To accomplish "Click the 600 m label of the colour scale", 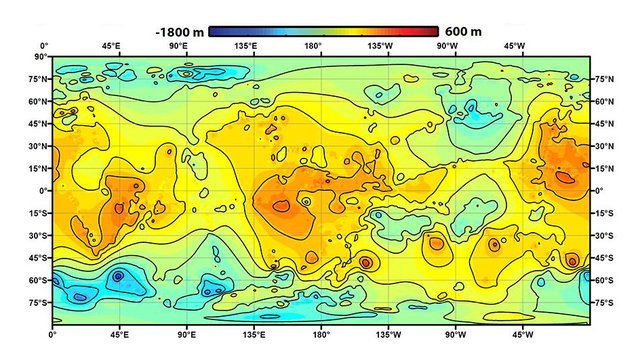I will [x=462, y=32].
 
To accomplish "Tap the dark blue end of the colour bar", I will [x=214, y=31].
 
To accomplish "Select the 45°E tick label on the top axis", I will [x=110, y=46].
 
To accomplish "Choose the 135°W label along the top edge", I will [x=379, y=46].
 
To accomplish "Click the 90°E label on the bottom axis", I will [x=186, y=333].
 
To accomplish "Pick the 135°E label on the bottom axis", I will [x=254, y=333].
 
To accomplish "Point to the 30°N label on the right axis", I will [x=605, y=145].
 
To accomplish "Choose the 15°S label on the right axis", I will [x=605, y=213].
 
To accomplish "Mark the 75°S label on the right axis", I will [x=605, y=302].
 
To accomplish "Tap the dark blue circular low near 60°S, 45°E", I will [x=118, y=276].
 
